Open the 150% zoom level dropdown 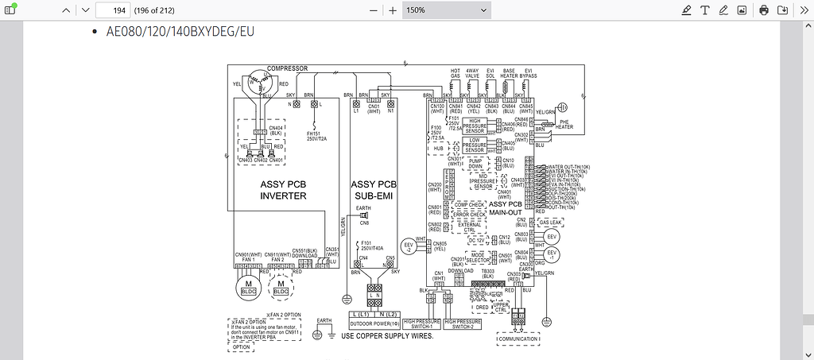(x=446, y=10)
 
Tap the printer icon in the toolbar (x=763, y=10)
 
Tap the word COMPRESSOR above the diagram (x=287, y=68)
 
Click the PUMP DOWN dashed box (x=476, y=164)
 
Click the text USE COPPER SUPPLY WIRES (x=387, y=336)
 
